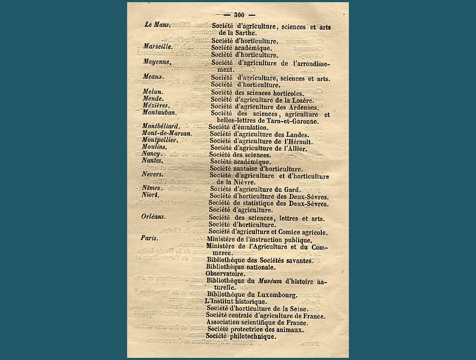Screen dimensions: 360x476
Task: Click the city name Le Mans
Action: point(158,25)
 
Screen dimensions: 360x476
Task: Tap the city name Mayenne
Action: point(157,62)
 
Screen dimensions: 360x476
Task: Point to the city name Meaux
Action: point(154,77)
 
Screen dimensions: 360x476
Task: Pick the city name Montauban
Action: point(160,114)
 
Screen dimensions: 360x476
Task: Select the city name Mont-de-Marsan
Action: point(167,134)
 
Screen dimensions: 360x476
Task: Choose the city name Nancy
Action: point(151,154)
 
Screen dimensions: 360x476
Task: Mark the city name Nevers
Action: point(153,175)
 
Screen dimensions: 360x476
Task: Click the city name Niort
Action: point(150,195)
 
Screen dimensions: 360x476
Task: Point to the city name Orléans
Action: point(153,217)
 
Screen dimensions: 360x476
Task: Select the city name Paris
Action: point(149,238)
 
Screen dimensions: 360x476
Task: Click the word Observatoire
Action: point(225,274)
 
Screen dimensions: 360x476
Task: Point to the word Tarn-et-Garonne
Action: point(301,121)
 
